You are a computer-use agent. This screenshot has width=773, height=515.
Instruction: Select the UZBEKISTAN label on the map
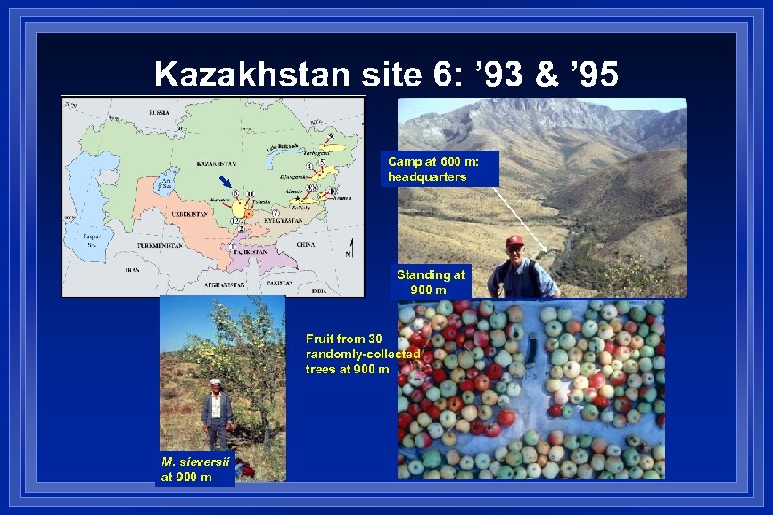[x=191, y=215]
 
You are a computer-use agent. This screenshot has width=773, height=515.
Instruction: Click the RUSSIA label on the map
[x=159, y=113]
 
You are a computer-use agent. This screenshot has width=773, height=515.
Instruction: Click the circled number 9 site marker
[x=330, y=136]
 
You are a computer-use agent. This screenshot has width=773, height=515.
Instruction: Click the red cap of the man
[x=514, y=241]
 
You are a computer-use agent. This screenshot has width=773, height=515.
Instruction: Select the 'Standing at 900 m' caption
[x=431, y=282]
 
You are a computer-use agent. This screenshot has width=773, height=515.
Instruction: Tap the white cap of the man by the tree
[x=214, y=381]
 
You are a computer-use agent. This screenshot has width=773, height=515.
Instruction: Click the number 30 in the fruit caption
[x=374, y=339]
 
